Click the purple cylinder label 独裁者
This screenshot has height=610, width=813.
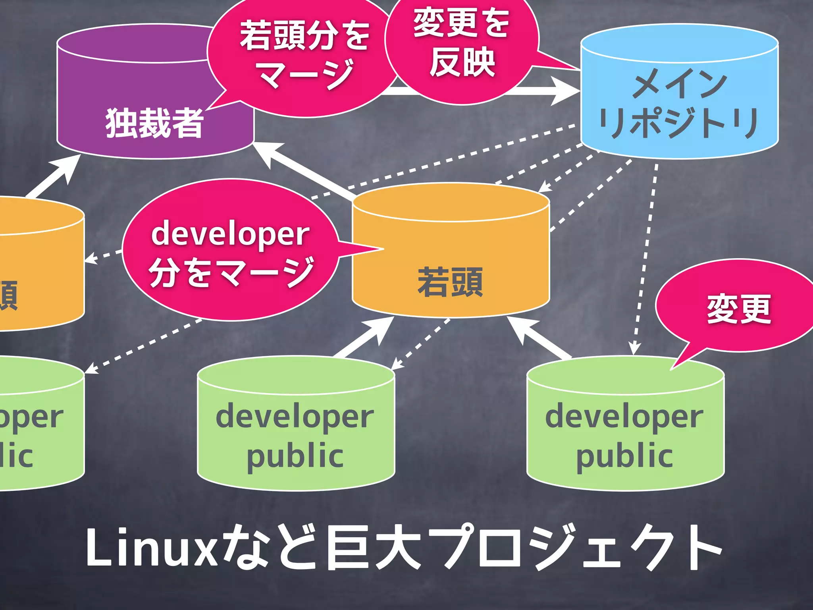(x=154, y=123)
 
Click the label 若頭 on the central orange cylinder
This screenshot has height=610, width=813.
(x=450, y=282)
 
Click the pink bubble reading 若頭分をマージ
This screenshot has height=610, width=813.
(x=304, y=56)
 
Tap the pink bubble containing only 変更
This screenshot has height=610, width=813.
(x=738, y=308)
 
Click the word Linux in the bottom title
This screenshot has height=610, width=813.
(x=151, y=548)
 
